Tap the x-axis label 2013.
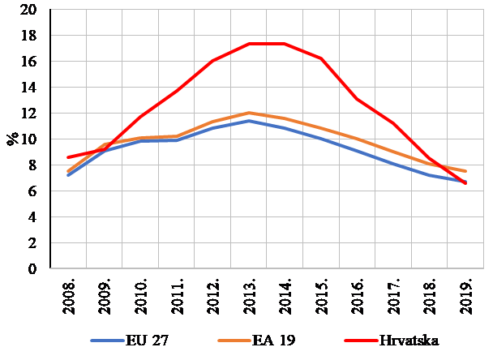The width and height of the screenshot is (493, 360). [x=253, y=297]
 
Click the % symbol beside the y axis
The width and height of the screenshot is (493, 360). [x=13, y=138]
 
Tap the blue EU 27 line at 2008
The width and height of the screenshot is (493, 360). [x=69, y=175]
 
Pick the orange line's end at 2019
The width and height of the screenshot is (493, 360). [x=465, y=171]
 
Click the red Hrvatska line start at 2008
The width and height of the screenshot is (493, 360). [x=69, y=157]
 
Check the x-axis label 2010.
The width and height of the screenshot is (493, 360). [x=143, y=297]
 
